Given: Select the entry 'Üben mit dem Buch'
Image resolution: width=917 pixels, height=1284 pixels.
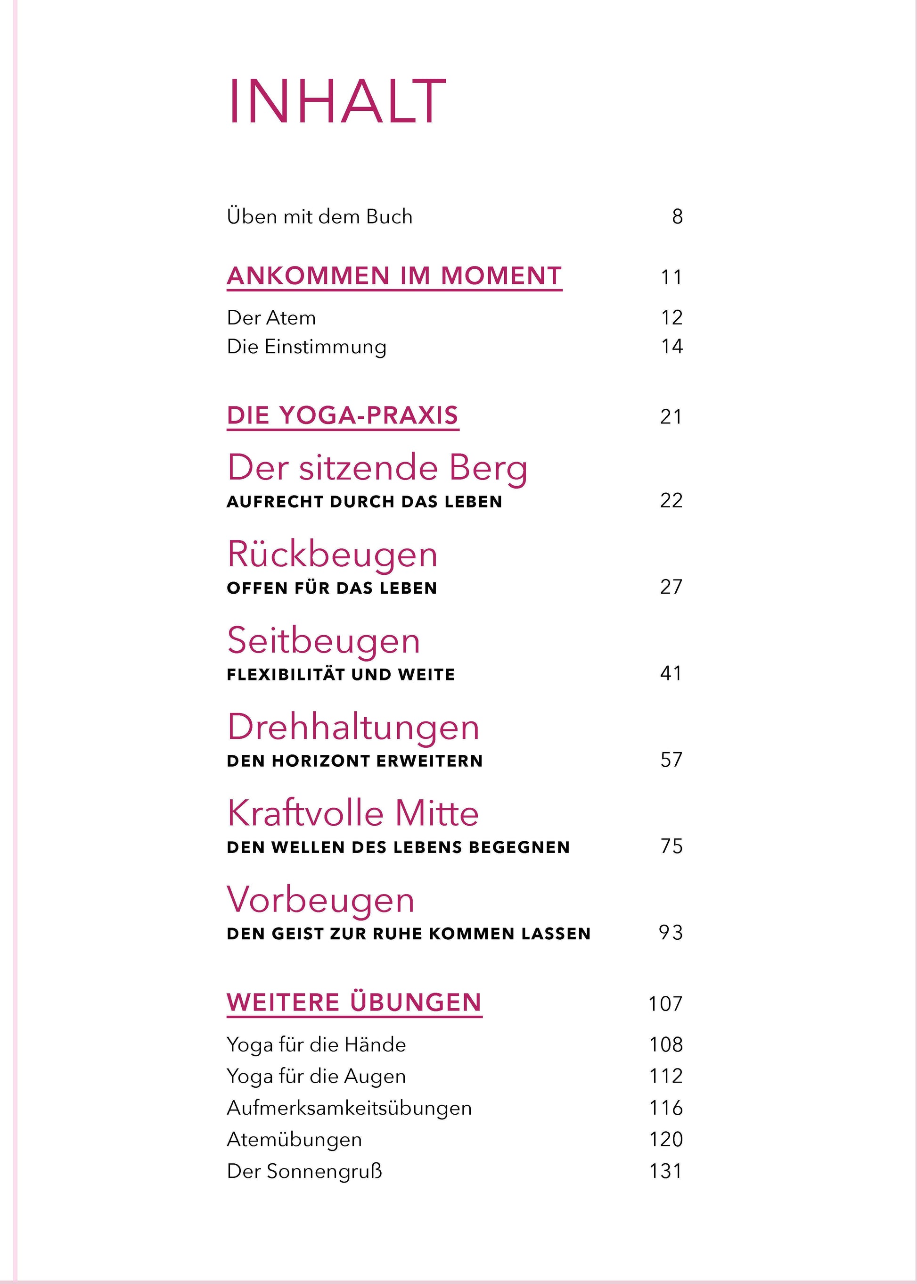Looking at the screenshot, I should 319,216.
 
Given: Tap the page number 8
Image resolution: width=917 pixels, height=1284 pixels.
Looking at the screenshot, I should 677,216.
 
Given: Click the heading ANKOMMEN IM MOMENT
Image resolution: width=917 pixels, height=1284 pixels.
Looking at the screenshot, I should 394,276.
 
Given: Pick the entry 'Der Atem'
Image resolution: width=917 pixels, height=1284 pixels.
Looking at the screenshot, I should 271,317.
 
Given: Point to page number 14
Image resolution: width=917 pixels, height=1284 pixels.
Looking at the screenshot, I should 671,346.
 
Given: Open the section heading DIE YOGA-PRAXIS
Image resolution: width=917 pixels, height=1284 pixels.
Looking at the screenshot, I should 342,415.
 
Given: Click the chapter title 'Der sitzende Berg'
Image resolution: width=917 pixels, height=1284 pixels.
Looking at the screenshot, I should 377,468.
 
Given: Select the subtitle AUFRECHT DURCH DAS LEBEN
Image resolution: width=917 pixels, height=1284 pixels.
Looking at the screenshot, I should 364,502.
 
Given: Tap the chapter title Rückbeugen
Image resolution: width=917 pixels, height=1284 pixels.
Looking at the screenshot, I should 332,554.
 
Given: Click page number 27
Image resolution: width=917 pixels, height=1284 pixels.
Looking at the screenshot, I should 671,587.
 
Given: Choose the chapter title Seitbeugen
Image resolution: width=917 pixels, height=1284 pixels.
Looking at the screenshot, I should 324,641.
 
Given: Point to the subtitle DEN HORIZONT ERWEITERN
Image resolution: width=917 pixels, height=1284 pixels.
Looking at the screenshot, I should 355,761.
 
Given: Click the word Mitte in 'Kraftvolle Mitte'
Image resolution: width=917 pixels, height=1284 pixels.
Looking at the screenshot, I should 436,813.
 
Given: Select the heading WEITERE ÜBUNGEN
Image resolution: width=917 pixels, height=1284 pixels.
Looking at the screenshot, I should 354,1002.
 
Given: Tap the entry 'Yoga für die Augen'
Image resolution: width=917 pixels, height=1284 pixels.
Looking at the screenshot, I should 316,1076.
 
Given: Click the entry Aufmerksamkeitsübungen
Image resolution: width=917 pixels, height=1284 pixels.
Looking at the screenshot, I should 349,1108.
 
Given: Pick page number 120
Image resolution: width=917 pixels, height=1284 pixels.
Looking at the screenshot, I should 666,1139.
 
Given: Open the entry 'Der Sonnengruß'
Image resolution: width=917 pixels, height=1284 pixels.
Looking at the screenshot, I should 304,1171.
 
